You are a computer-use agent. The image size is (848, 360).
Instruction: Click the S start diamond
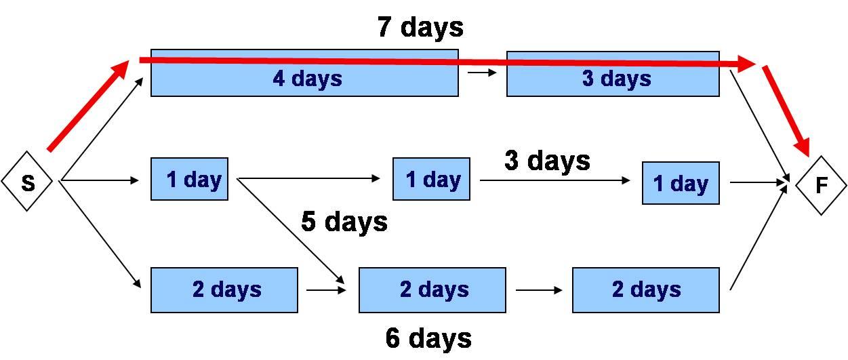click(27, 181)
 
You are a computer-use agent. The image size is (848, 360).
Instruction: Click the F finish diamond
click(821, 186)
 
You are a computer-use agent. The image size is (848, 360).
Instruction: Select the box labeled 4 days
click(304, 73)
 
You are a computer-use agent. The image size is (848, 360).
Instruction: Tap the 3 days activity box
click(613, 74)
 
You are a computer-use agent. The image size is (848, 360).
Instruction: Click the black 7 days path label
click(420, 27)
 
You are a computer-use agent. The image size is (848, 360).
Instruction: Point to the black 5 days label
click(344, 222)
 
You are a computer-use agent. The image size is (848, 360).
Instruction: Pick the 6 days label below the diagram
click(428, 338)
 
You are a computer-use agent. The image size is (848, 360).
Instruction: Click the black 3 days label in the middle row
click(547, 161)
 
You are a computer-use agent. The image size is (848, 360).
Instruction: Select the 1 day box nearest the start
click(189, 179)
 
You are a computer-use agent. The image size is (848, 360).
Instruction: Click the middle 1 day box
click(431, 179)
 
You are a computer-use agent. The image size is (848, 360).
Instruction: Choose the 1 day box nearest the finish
click(681, 183)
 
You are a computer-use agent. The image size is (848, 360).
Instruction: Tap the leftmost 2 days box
click(224, 290)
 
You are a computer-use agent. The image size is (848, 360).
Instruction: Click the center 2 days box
click(432, 290)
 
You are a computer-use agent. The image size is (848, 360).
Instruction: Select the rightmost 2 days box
click(646, 290)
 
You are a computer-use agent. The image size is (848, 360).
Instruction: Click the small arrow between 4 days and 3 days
click(482, 72)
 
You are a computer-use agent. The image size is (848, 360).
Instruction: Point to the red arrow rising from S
click(88, 106)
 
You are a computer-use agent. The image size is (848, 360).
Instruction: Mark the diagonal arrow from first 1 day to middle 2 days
click(291, 231)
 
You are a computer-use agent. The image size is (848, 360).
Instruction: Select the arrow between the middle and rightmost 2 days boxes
click(539, 290)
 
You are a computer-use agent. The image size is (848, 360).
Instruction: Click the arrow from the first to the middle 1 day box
click(308, 178)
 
